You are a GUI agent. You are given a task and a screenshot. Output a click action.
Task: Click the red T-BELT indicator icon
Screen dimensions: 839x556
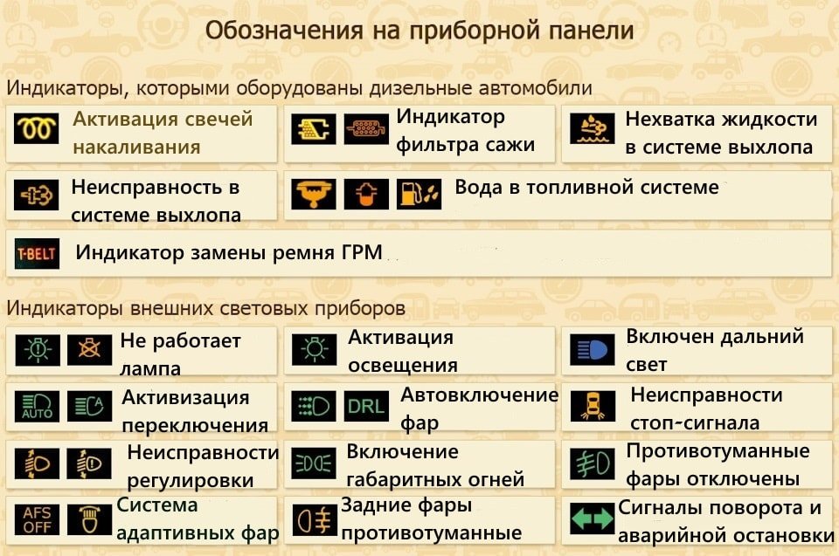pyautogui.click(x=37, y=253)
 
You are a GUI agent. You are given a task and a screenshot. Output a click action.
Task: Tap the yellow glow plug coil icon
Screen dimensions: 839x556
pyautogui.click(x=37, y=129)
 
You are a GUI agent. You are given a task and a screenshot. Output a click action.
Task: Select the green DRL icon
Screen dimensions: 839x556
pyautogui.click(x=366, y=407)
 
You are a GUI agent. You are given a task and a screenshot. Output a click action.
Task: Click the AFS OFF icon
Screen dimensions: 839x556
pyautogui.click(x=37, y=519)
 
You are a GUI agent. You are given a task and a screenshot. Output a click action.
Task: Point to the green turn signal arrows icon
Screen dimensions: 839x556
pyautogui.click(x=592, y=518)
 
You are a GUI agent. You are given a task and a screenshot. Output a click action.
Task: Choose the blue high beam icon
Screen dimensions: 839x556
pyautogui.click(x=592, y=350)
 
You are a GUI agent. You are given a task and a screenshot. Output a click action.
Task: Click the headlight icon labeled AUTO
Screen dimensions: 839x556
pyautogui.click(x=37, y=407)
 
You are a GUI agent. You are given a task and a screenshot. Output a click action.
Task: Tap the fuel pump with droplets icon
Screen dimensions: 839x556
pyautogui.click(x=419, y=194)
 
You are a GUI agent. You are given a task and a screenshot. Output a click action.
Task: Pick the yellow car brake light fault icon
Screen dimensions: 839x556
pyautogui.click(x=593, y=407)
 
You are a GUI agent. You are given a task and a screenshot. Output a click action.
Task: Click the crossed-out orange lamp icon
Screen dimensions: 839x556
pyautogui.click(x=89, y=350)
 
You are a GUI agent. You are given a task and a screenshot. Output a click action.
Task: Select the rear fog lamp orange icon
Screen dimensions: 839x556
pyautogui.click(x=315, y=520)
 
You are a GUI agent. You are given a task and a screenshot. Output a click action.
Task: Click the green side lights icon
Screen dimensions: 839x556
pyautogui.click(x=315, y=463)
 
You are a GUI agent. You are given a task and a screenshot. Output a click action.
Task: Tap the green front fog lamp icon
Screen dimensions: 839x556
pyautogui.click(x=592, y=463)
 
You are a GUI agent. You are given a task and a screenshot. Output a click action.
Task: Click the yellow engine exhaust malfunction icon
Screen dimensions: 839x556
pyautogui.click(x=37, y=195)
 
